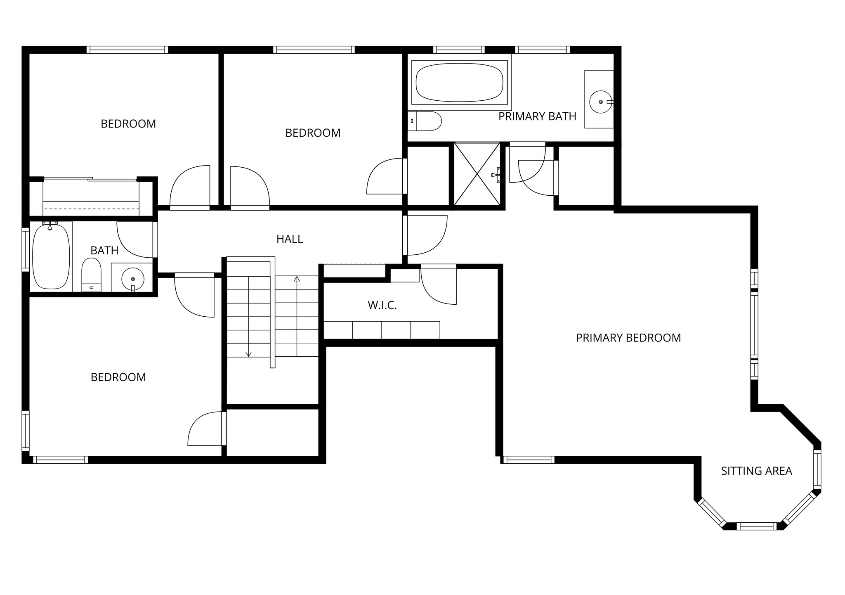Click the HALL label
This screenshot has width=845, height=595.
290,239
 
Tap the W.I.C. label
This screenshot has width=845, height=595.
382,306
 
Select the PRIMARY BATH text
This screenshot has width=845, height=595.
537,117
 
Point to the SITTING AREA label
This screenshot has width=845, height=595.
756,471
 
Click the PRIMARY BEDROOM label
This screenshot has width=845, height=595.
628,338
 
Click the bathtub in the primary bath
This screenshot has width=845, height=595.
460,82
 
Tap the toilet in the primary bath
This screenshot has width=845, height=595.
425,121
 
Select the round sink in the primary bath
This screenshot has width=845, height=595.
601,102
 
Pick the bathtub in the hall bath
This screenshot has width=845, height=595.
51,256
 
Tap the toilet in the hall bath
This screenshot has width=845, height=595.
91,275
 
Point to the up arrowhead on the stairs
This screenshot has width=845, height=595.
297,279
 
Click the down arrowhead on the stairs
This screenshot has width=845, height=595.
248,354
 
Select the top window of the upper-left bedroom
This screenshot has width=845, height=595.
127,50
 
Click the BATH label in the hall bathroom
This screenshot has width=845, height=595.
104,251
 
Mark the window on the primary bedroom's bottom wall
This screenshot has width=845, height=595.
529,460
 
